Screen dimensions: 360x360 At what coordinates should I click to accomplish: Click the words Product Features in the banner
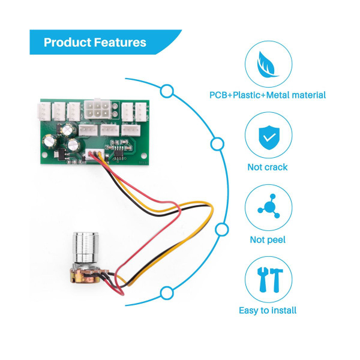pyautogui.click(x=95, y=43)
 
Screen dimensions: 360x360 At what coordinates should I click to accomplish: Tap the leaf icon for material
pyautogui.click(x=268, y=64)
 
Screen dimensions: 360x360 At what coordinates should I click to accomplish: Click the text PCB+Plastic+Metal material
pyautogui.click(x=268, y=95)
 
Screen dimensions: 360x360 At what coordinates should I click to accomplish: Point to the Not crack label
pyautogui.click(x=268, y=167)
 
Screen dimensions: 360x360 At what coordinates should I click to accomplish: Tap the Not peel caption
pyautogui.click(x=268, y=240)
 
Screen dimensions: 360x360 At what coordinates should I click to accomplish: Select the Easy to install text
pyautogui.click(x=268, y=310)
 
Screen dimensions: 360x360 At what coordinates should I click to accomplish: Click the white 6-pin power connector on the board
pyautogui.click(x=96, y=111)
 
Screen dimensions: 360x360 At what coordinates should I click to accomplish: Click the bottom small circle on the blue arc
pyautogui.click(x=167, y=292)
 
